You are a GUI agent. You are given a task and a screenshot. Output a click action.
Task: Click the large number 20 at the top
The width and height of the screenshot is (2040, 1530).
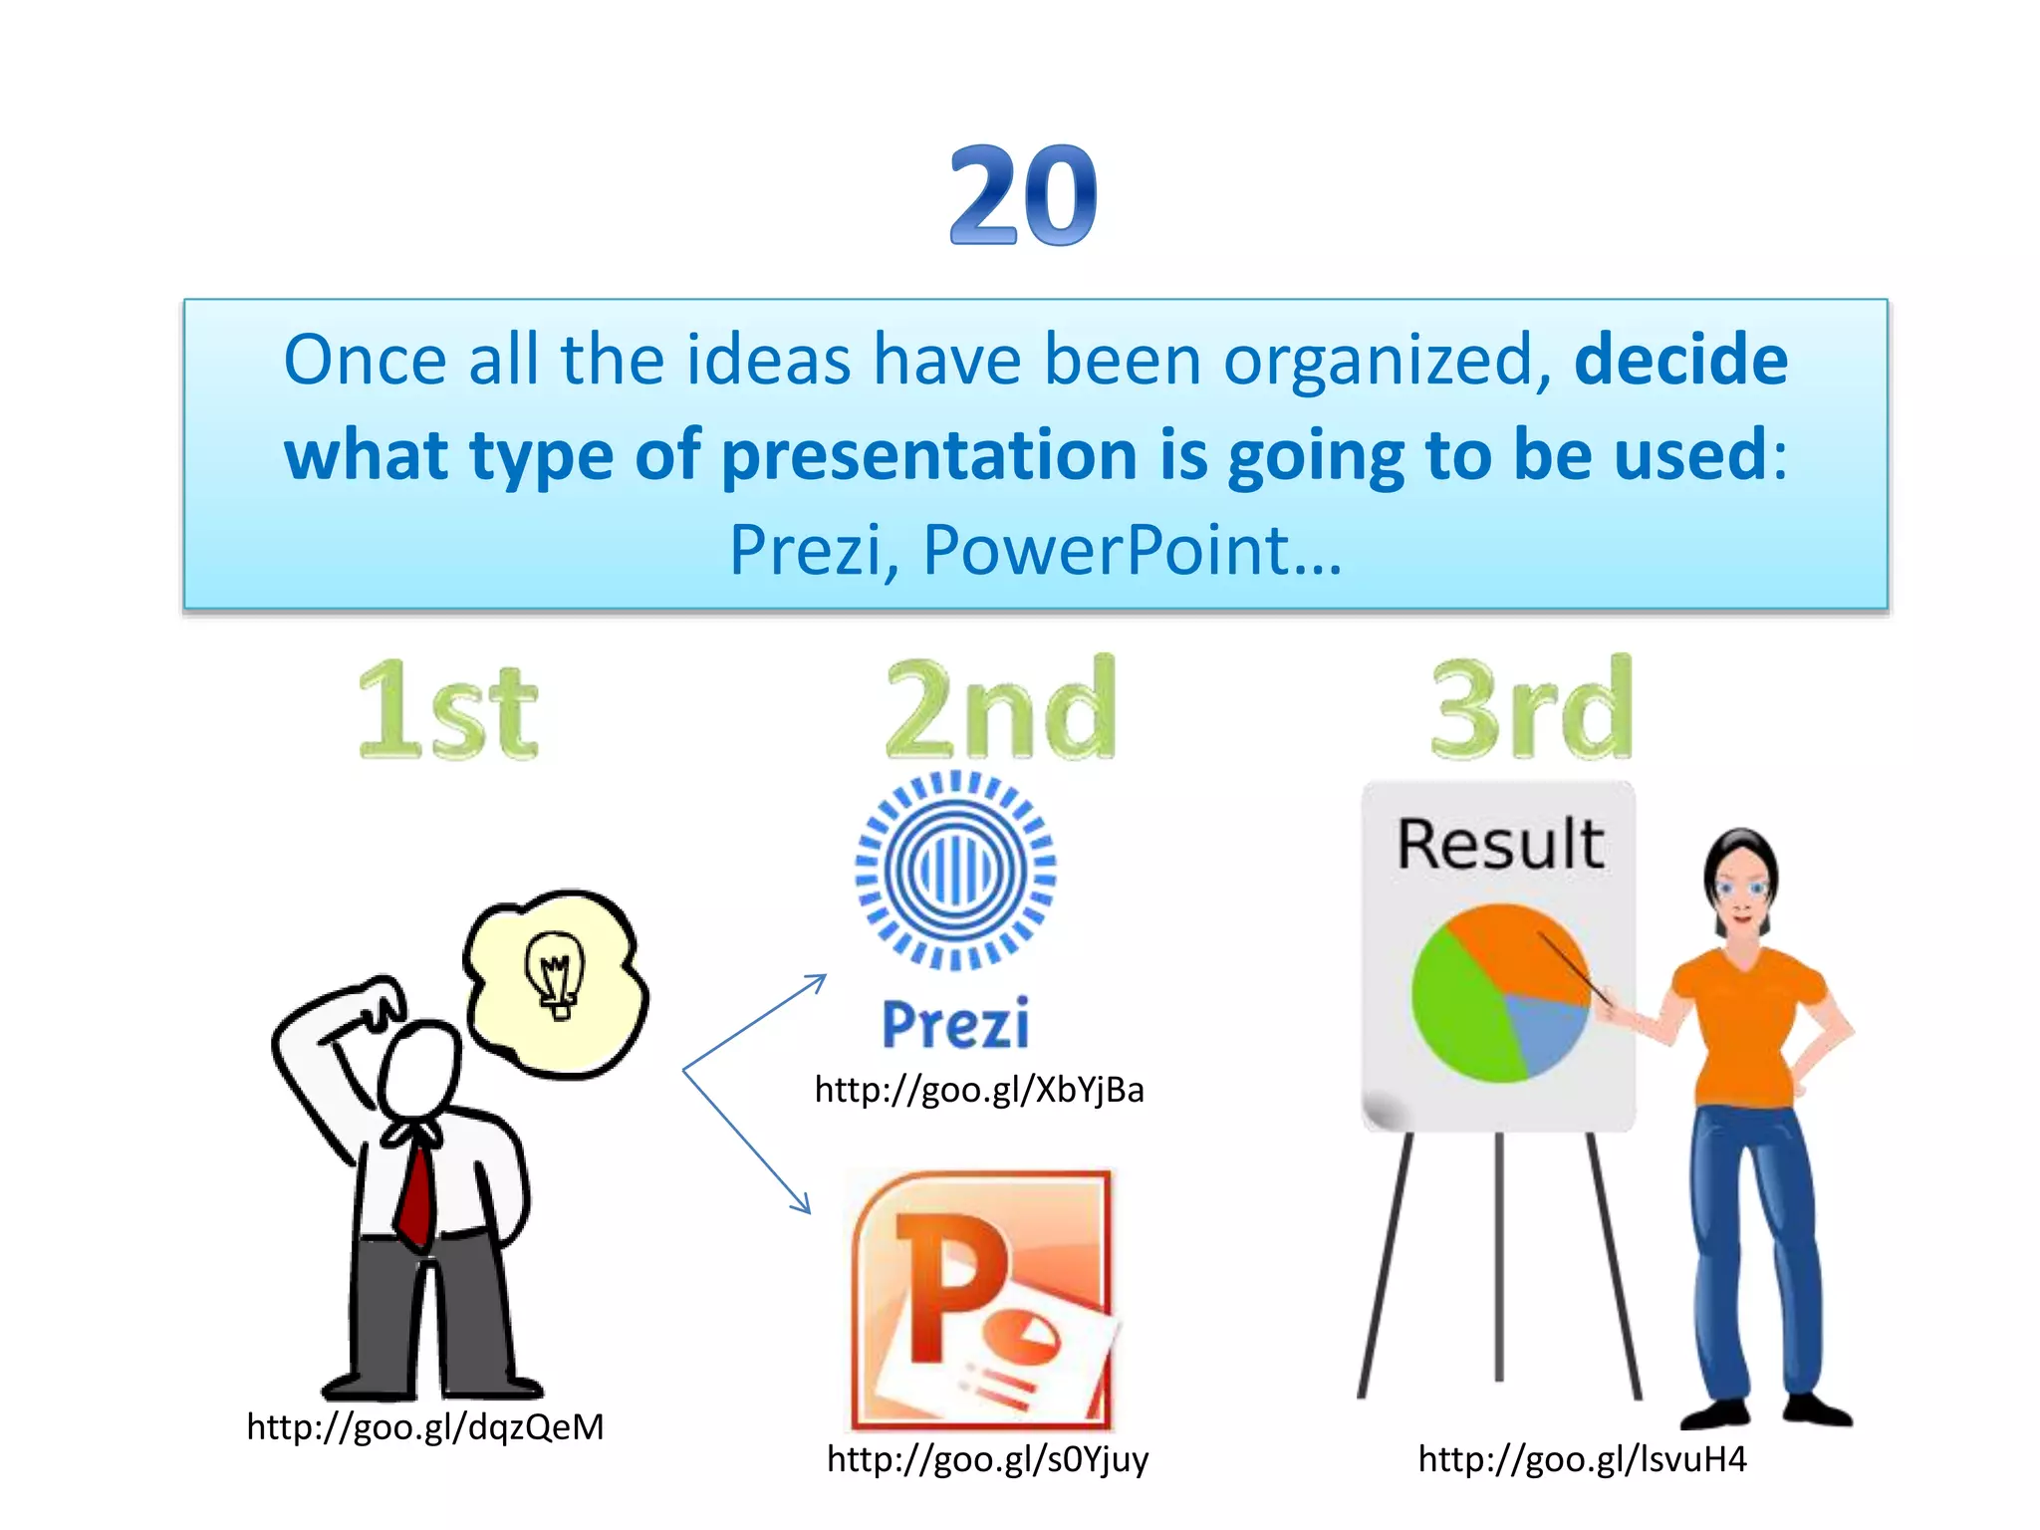[x=1022, y=195]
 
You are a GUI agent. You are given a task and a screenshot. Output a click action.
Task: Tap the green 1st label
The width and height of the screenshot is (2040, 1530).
[x=447, y=712]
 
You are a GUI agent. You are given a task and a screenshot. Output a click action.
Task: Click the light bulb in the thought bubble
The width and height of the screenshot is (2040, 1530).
[x=556, y=973]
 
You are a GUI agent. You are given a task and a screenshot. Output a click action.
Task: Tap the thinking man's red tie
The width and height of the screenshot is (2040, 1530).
[x=417, y=1195]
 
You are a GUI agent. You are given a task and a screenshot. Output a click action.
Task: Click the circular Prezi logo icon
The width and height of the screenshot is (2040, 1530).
[x=955, y=871]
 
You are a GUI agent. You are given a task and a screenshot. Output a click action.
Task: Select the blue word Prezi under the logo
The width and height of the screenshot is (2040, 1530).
[x=955, y=1024]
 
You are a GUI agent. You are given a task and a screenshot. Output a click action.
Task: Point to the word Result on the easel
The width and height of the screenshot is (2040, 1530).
[x=1499, y=845]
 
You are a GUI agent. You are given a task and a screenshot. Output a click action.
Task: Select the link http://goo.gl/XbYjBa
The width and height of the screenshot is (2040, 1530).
[x=979, y=1090]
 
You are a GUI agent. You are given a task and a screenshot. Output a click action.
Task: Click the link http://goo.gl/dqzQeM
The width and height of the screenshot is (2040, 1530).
[x=425, y=1426]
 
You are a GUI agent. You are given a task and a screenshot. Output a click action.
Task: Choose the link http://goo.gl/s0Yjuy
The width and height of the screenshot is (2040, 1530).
[x=987, y=1459]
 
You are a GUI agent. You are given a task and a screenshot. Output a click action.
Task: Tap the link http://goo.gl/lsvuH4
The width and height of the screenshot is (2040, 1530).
[x=1582, y=1459]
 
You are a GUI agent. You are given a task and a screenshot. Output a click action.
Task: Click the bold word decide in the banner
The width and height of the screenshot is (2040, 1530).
[x=1680, y=360]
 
